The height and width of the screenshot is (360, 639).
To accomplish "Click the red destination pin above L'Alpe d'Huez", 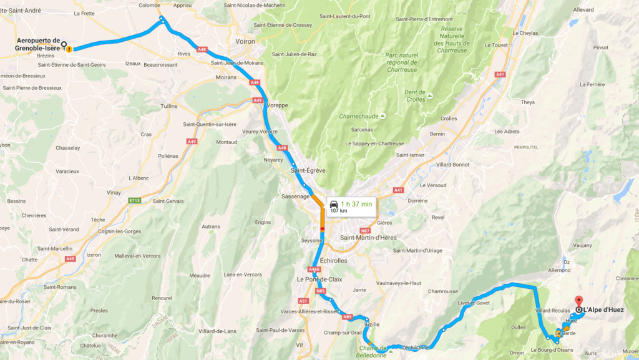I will pyautogui.click(x=578, y=301).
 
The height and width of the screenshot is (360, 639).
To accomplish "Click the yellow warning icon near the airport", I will pyautogui.click(x=69, y=49).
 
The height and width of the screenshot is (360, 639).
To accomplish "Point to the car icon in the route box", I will pyautogui.click(x=334, y=204).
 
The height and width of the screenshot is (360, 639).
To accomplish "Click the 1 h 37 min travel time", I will pyautogui.click(x=356, y=203).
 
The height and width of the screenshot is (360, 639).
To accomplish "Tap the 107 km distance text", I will pyautogui.click(x=339, y=211).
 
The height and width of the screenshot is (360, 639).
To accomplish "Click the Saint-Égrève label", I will pyautogui.click(x=306, y=170).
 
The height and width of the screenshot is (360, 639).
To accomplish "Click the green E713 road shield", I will pyautogui.click(x=134, y=200).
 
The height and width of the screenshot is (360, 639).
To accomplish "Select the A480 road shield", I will pyautogui.click(x=313, y=270).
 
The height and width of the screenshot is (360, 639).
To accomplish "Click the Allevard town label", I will pyautogui.click(x=583, y=10).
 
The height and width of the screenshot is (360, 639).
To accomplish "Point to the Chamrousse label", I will pyautogui.click(x=443, y=291).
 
